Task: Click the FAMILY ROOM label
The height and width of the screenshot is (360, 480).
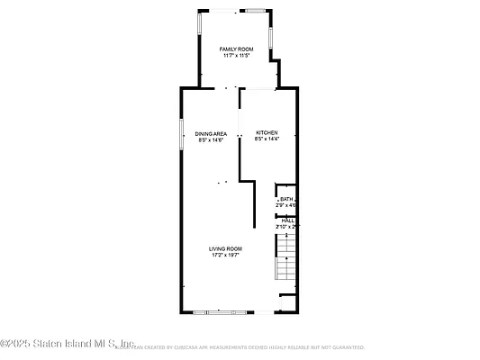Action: click(236, 49)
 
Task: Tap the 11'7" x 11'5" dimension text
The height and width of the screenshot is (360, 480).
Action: click(236, 56)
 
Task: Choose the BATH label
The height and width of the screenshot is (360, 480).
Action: click(286, 199)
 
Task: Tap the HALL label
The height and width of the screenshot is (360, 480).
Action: click(287, 220)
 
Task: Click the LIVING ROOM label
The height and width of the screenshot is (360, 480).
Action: click(226, 248)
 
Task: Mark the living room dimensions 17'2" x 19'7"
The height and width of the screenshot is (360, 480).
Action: click(226, 255)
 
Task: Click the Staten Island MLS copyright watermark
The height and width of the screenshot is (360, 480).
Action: click(68, 343)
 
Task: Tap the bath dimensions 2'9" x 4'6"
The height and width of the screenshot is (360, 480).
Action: click(286, 205)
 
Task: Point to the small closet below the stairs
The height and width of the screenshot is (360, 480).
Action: click(287, 301)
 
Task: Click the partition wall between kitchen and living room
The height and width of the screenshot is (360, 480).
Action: click(240, 157)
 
